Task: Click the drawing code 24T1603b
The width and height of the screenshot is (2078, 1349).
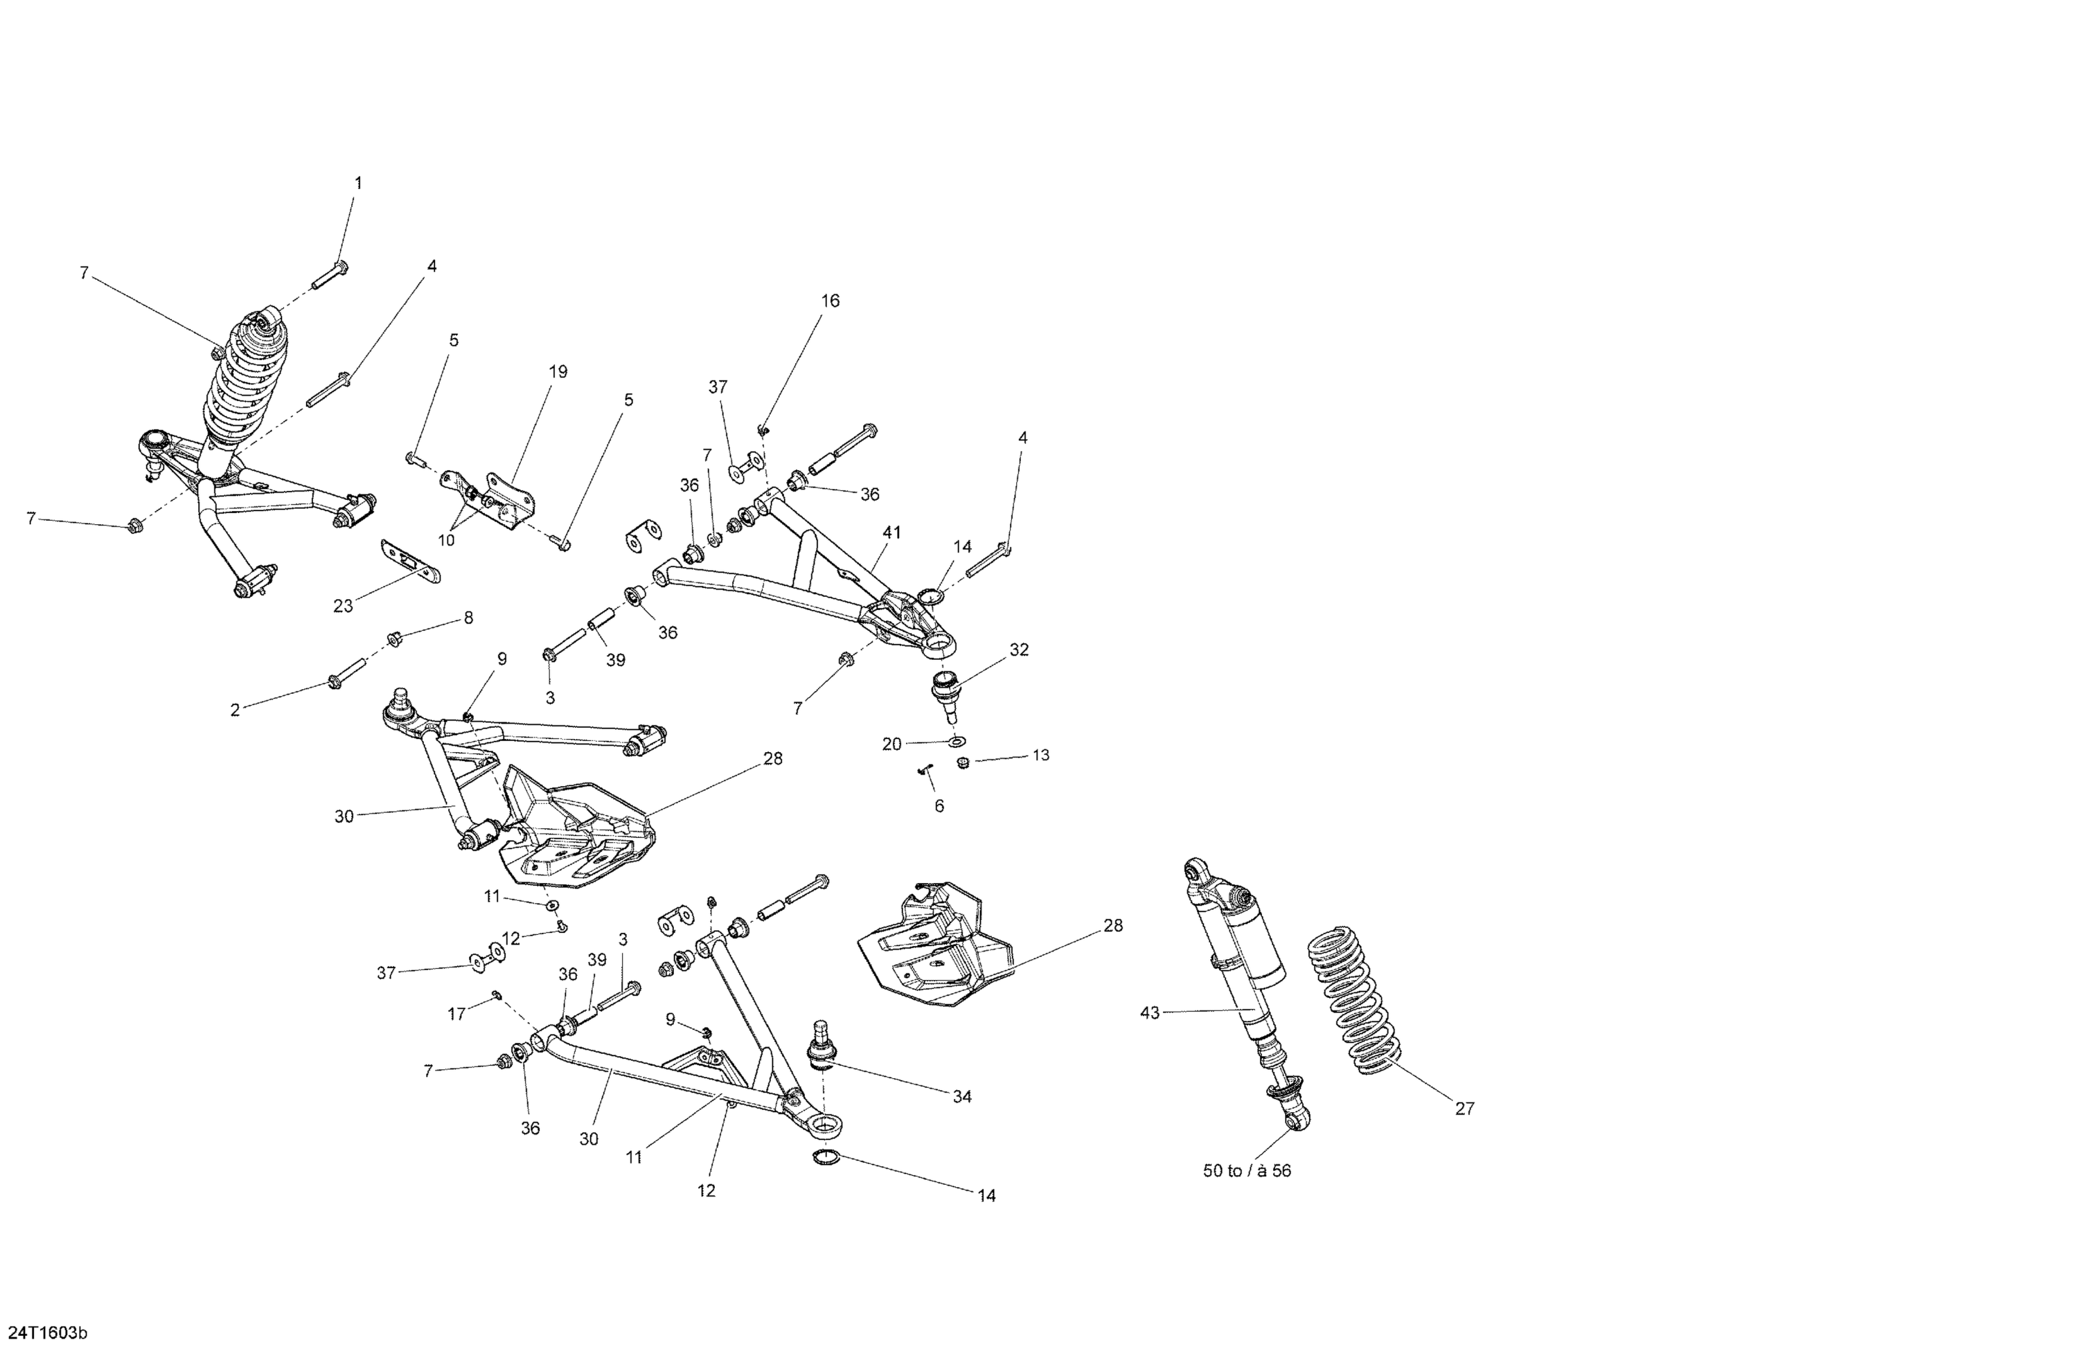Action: [48, 1332]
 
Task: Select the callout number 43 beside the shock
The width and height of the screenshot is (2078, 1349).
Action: [1150, 1013]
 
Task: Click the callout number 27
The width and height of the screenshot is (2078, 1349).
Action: [1464, 1109]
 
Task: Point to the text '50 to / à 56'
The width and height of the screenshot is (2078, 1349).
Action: [1247, 1171]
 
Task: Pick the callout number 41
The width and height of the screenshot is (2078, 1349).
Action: [891, 532]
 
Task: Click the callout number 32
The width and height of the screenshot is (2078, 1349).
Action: [1019, 650]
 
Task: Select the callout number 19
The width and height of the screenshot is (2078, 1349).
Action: [558, 372]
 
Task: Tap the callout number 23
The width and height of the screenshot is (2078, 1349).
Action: [343, 606]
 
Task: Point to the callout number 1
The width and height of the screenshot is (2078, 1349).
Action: [358, 184]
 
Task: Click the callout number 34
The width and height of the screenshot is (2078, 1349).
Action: [961, 1097]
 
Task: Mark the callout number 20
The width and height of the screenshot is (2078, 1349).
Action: [891, 744]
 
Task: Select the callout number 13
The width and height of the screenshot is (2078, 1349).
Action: [1041, 756]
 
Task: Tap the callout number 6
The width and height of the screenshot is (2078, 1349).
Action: [939, 806]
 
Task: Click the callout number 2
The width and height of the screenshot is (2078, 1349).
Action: [235, 711]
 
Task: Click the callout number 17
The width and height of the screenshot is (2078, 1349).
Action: [456, 1015]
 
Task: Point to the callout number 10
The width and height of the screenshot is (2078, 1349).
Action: [446, 540]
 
